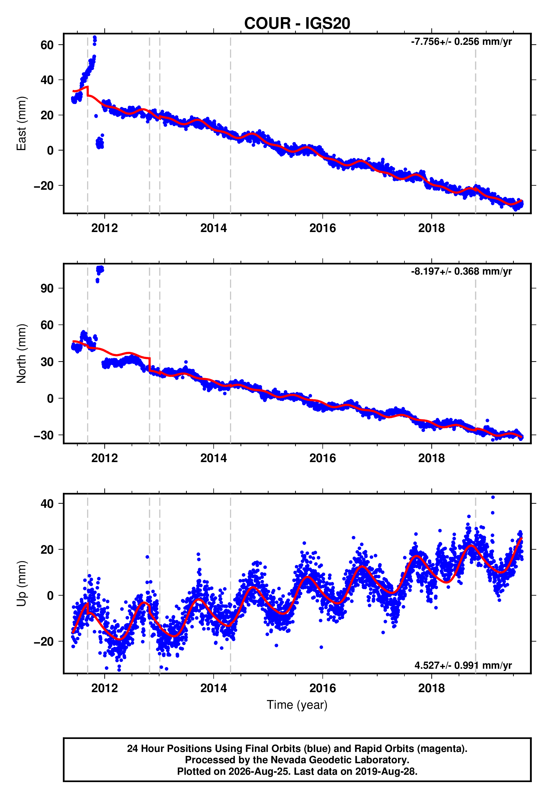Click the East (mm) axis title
click(21, 123)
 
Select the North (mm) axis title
click(21, 354)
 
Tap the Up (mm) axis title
click(21, 584)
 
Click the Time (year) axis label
click(297, 705)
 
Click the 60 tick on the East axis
click(47, 45)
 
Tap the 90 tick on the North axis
click(47, 288)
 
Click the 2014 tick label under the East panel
click(213, 228)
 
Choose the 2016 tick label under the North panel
click(322, 458)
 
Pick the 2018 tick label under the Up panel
click(432, 688)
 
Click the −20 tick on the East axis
click(44, 186)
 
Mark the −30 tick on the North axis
click(44, 435)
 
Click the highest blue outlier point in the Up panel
click(493, 497)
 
